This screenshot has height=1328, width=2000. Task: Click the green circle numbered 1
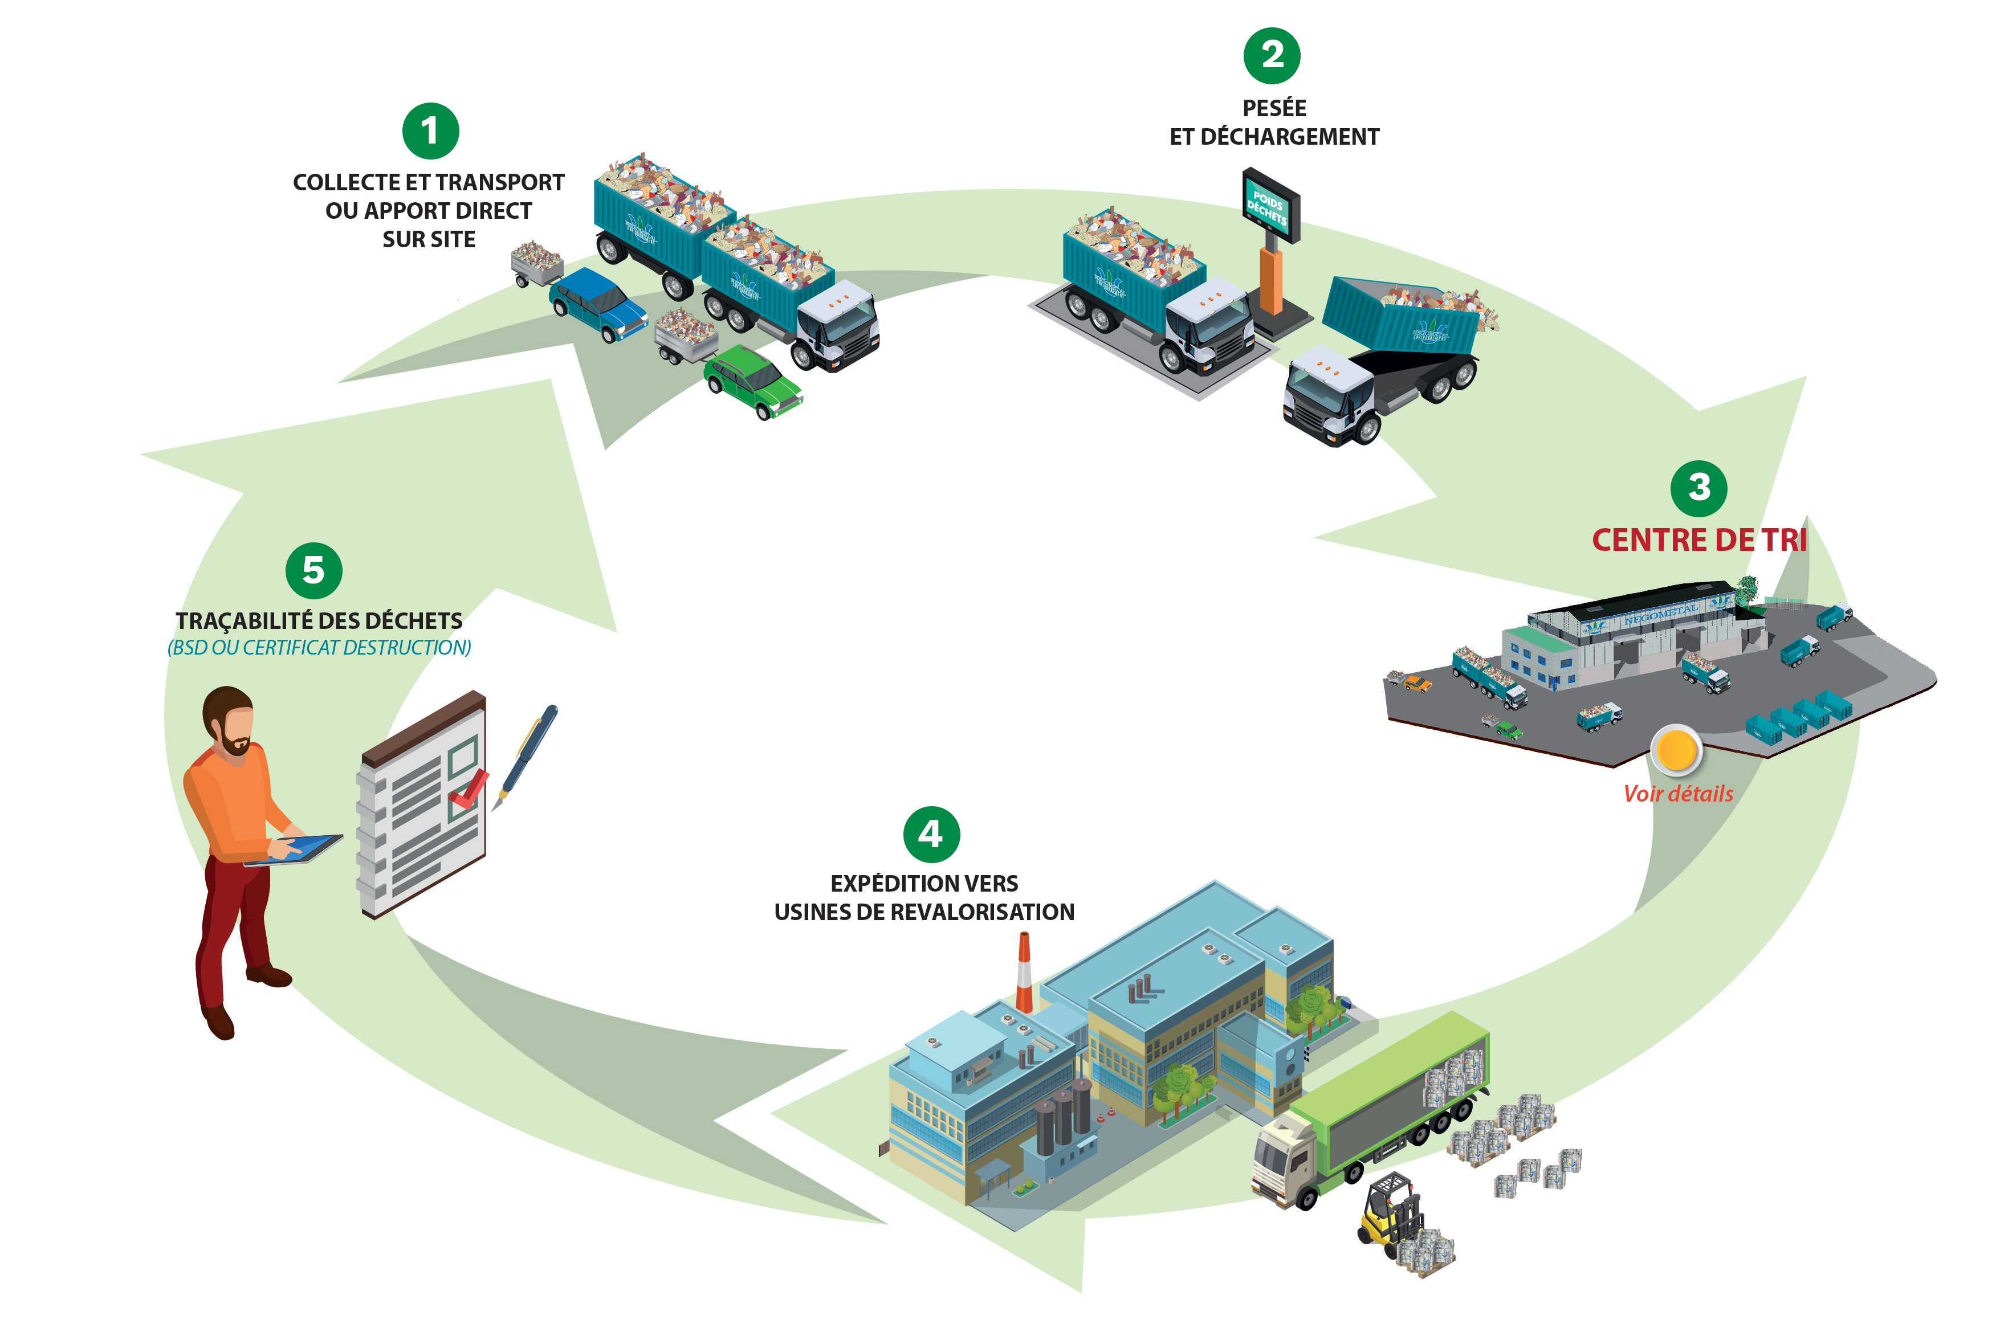pos(430,131)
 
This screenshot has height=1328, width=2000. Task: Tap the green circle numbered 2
pos(1272,56)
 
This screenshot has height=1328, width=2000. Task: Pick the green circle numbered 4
pos(931,834)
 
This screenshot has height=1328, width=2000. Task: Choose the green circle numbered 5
pos(313,571)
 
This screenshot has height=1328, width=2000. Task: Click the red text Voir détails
pos(1677,794)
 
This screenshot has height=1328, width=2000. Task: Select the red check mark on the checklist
pos(469,788)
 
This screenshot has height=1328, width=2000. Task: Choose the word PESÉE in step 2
pos(1273,108)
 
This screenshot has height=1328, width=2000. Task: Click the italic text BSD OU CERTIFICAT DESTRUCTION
pos(319,648)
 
